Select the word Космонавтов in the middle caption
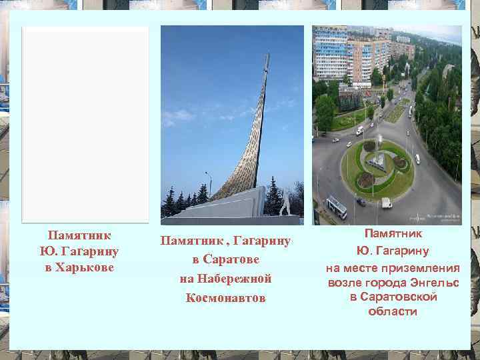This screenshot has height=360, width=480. pyautogui.click(x=225, y=297)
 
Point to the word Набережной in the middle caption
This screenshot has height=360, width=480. pyautogui.click(x=225, y=278)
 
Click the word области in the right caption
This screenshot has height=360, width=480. pyautogui.click(x=392, y=311)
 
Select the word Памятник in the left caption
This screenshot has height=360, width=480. pyautogui.click(x=79, y=235)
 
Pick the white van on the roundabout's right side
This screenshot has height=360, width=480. pyautogui.click(x=417, y=159)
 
